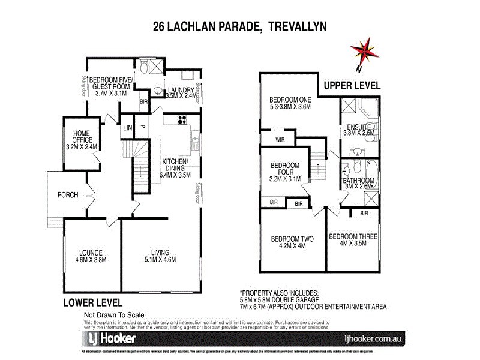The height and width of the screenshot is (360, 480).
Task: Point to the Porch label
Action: pyautogui.click(x=68, y=195)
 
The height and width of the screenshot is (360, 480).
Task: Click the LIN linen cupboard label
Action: pyautogui.click(x=127, y=128)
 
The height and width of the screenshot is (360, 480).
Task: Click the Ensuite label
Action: pyautogui.click(x=358, y=130)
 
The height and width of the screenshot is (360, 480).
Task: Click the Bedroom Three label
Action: pyautogui.click(x=353, y=241)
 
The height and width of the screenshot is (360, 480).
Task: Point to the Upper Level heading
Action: pyautogui.click(x=352, y=86)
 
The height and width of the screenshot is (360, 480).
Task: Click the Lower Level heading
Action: pyautogui.click(x=93, y=302)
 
